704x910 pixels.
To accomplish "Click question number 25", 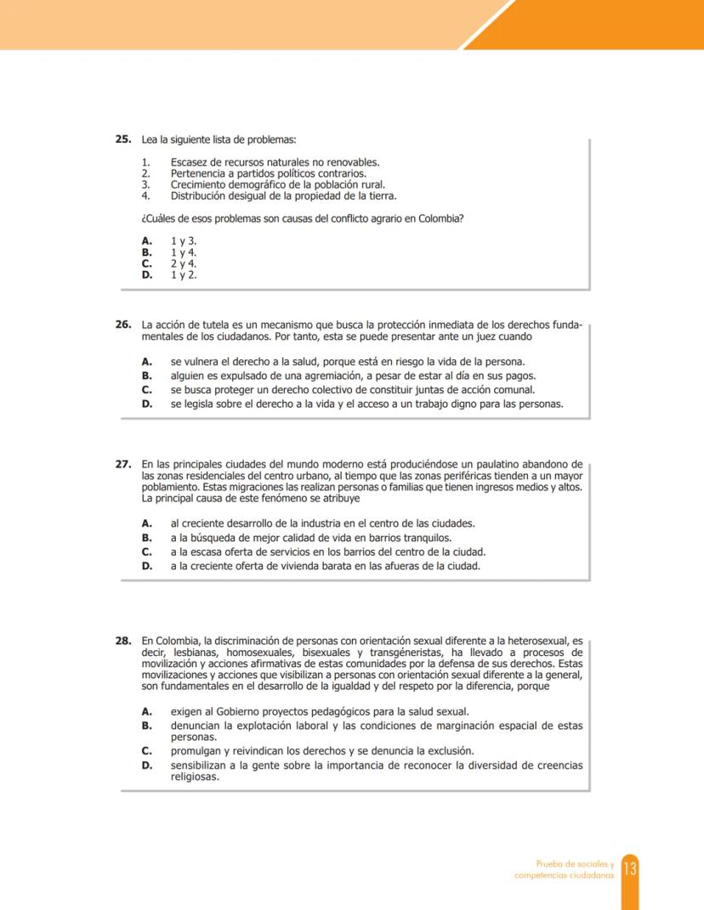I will [122, 139].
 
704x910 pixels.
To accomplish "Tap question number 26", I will [122, 325].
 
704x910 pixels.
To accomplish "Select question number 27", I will [122, 464].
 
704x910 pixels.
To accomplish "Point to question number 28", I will [122, 641].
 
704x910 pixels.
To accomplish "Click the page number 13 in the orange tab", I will [630, 868].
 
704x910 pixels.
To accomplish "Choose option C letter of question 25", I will [146, 263].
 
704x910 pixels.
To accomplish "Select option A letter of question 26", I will [146, 361].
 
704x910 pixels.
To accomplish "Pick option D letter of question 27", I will [146, 566].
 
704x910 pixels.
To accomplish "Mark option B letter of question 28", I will [146, 726].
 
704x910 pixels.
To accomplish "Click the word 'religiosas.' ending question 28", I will [195, 776].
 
